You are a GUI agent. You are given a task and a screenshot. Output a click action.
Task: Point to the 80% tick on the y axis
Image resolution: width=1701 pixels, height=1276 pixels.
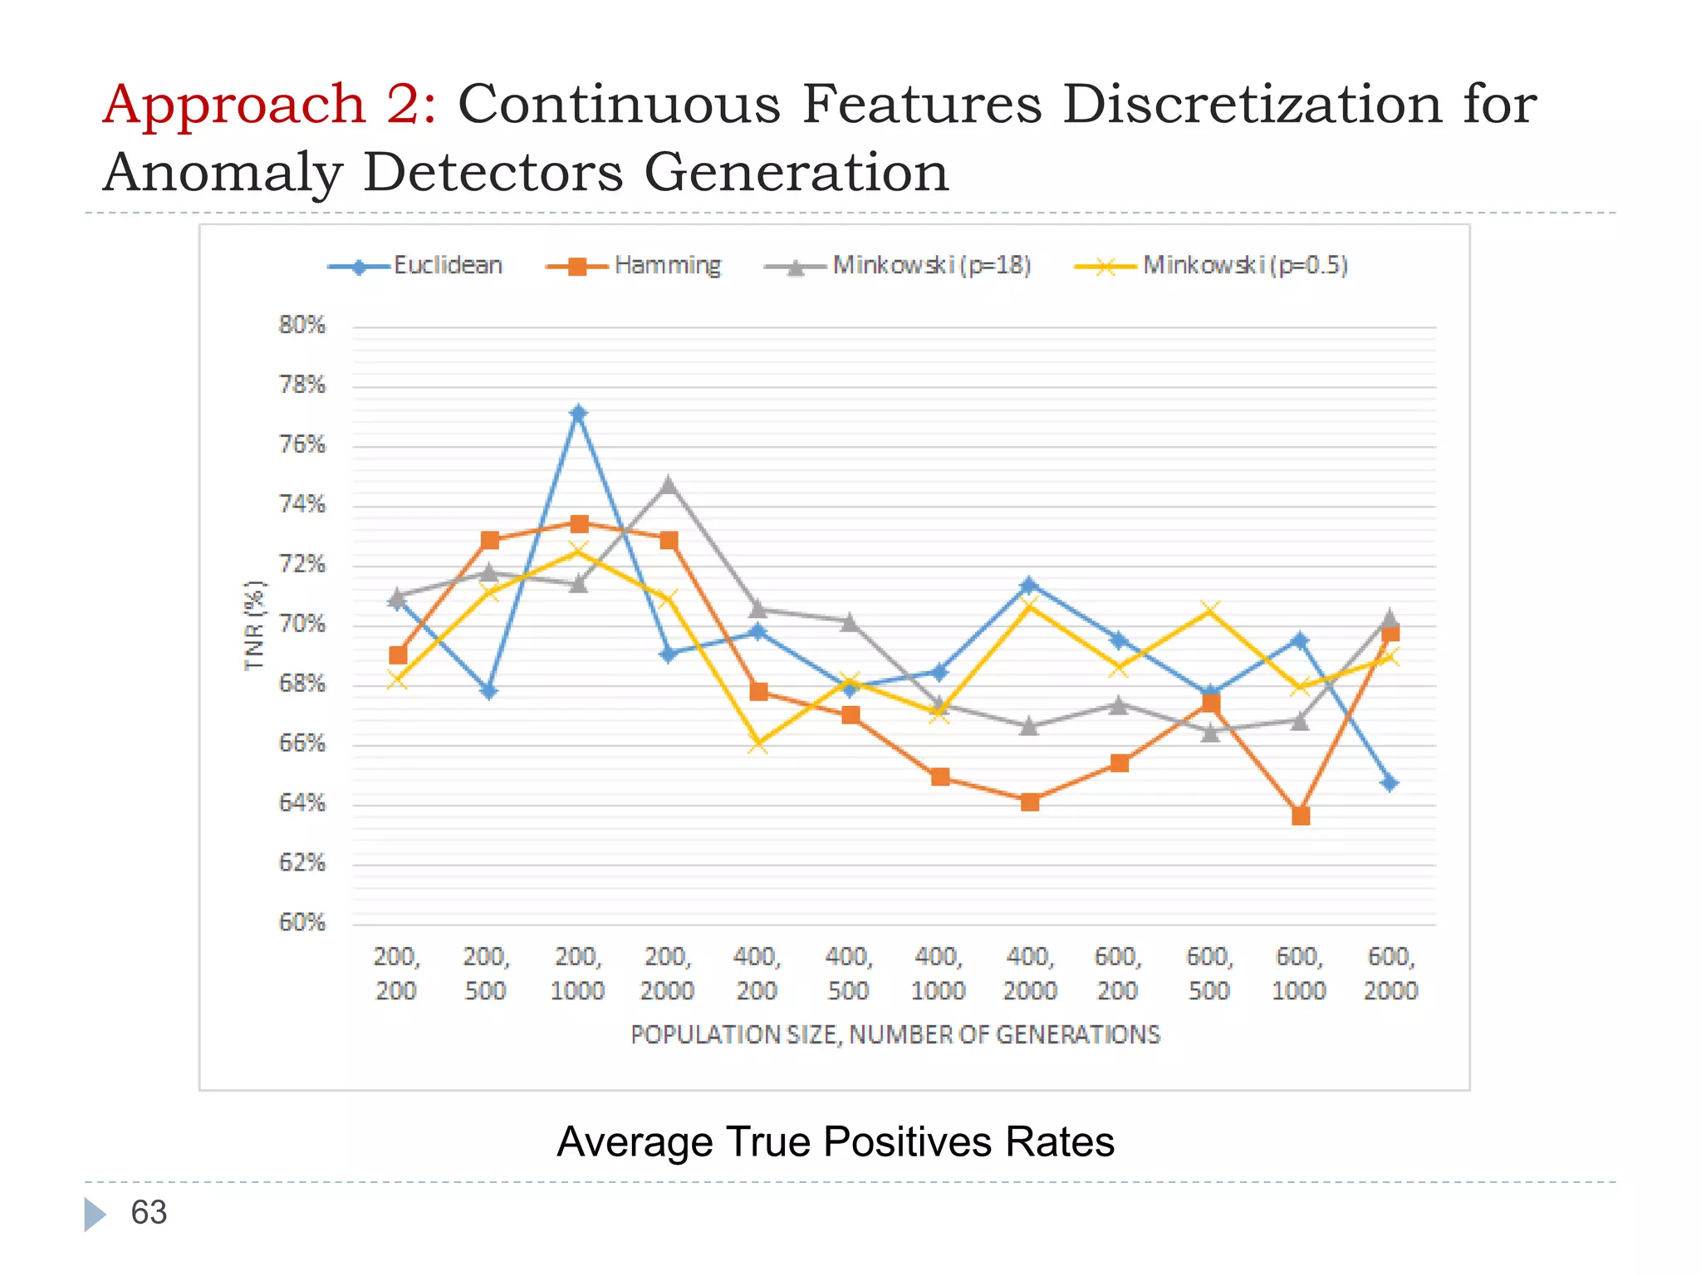(301, 325)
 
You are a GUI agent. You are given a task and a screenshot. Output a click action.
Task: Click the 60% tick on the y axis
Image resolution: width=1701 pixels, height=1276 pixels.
(301, 922)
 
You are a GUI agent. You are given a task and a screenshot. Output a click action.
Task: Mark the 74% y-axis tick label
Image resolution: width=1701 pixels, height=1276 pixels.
(301, 504)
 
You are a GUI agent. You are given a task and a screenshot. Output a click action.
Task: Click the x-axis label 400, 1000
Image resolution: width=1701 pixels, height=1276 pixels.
(939, 974)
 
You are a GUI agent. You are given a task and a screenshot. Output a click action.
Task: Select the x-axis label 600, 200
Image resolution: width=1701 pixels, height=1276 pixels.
(1118, 974)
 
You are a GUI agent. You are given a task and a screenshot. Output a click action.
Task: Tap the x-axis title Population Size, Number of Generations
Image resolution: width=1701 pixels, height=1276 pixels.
(895, 1035)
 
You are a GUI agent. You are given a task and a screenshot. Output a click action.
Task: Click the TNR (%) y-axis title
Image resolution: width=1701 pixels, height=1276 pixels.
(254, 626)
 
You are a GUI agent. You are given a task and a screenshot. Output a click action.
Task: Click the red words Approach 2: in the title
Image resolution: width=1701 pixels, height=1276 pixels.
(269, 106)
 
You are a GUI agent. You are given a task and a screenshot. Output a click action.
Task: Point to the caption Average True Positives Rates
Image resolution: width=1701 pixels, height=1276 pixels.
(835, 1141)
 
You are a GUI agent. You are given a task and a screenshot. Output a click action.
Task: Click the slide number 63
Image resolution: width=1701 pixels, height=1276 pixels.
(149, 1213)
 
